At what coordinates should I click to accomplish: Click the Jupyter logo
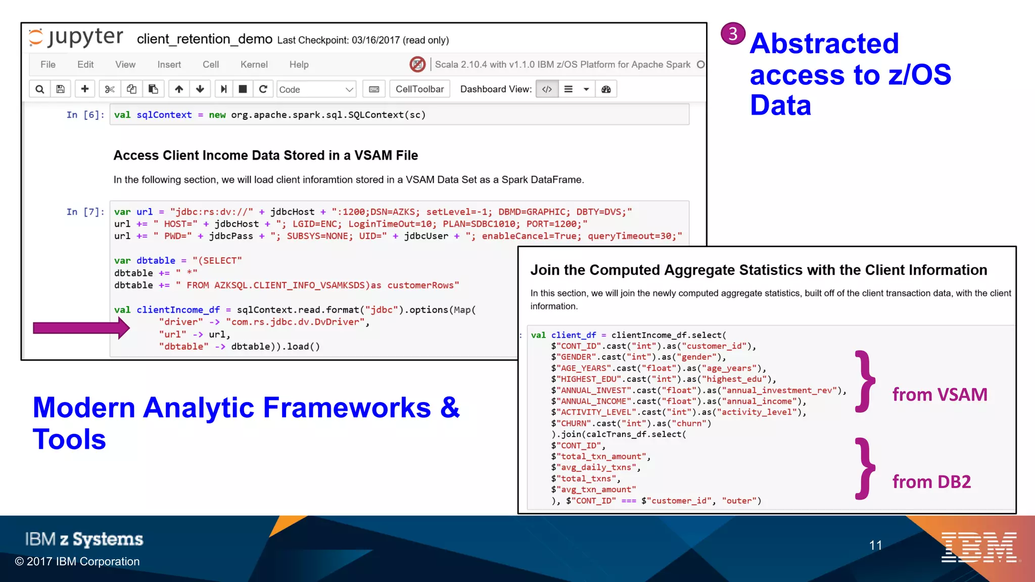pyautogui.click(x=76, y=37)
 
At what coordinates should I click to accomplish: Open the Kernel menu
pyautogui.click(x=254, y=65)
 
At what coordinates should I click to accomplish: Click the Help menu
pyautogui.click(x=299, y=65)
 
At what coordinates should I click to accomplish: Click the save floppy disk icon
pyautogui.click(x=60, y=89)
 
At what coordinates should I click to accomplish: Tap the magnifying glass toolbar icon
pyautogui.click(x=39, y=89)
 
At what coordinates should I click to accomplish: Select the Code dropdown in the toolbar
pyautogui.click(x=316, y=89)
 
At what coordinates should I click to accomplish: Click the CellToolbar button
pyautogui.click(x=419, y=89)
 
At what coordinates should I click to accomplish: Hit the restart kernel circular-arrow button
pyautogui.click(x=263, y=89)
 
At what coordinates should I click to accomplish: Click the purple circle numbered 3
pyautogui.click(x=733, y=34)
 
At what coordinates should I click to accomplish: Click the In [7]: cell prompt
pyautogui.click(x=85, y=212)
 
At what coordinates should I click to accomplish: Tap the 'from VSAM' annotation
pyautogui.click(x=939, y=395)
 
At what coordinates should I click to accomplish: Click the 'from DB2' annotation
pyautogui.click(x=931, y=482)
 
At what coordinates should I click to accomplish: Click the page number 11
pyautogui.click(x=875, y=545)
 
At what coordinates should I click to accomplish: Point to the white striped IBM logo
pyautogui.click(x=979, y=547)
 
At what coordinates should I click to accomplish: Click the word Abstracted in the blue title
pyautogui.click(x=824, y=43)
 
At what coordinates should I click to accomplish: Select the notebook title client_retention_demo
pyautogui.click(x=204, y=39)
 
